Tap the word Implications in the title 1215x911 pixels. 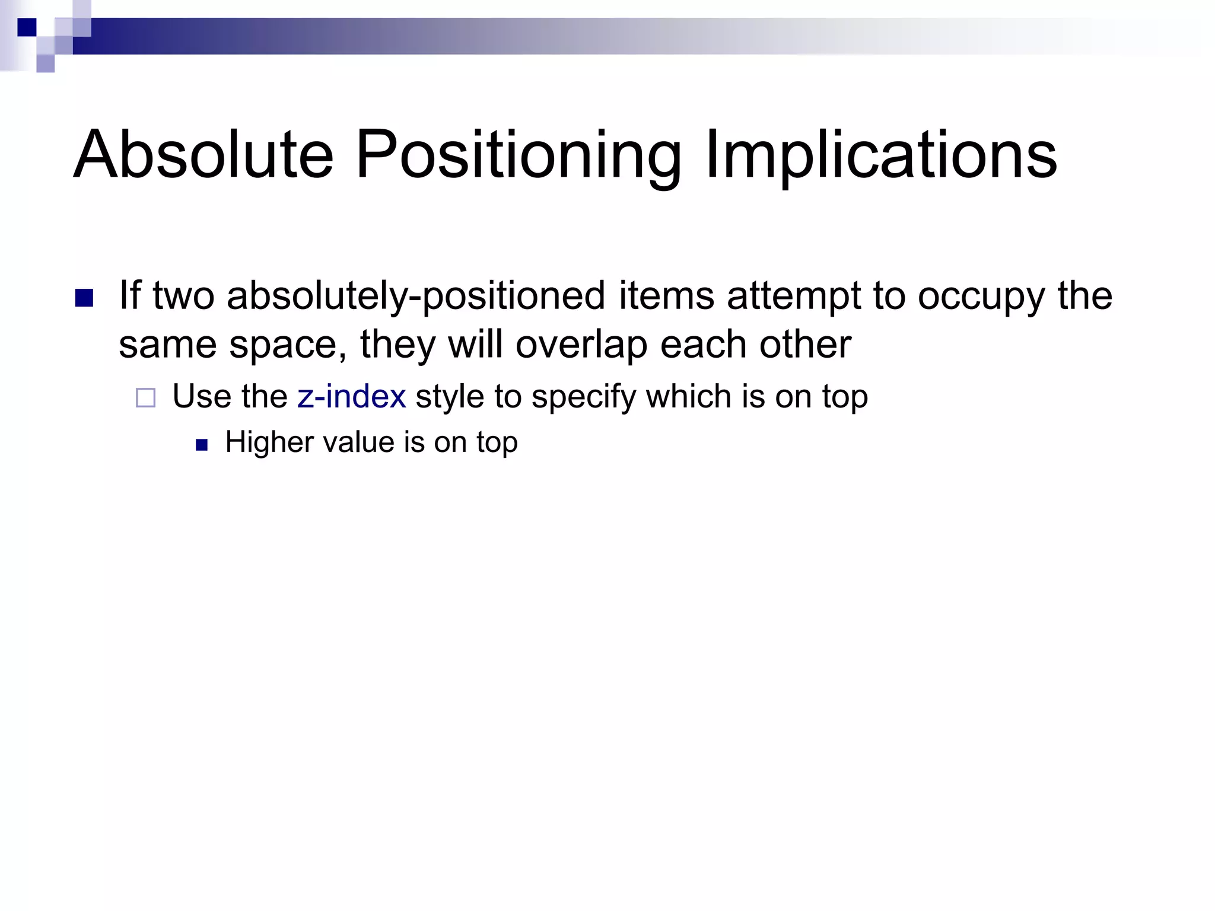[880, 155]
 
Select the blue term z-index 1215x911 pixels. [351, 396]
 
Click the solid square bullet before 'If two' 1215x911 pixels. [84, 298]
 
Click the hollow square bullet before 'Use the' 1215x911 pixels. [145, 397]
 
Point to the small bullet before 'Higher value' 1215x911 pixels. [202, 445]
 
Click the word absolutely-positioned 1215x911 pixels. [416, 296]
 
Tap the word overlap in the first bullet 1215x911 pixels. [581, 345]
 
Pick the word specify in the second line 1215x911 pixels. [584, 397]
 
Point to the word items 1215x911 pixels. [666, 296]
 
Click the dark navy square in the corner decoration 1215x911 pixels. [27, 27]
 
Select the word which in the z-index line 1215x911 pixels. [688, 396]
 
